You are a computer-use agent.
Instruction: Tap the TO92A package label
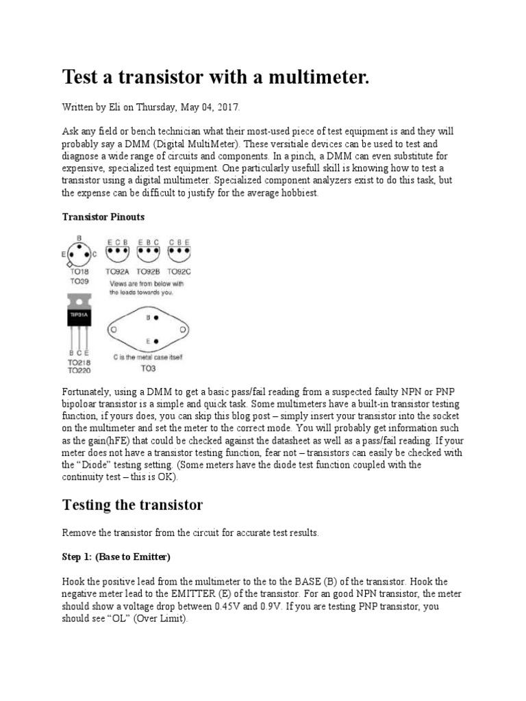119,271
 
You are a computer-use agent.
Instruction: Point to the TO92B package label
149,271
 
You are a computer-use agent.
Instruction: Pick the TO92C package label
179,271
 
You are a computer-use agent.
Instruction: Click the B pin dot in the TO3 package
157,318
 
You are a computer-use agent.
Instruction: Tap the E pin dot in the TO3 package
157,340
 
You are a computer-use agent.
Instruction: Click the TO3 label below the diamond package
147,368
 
